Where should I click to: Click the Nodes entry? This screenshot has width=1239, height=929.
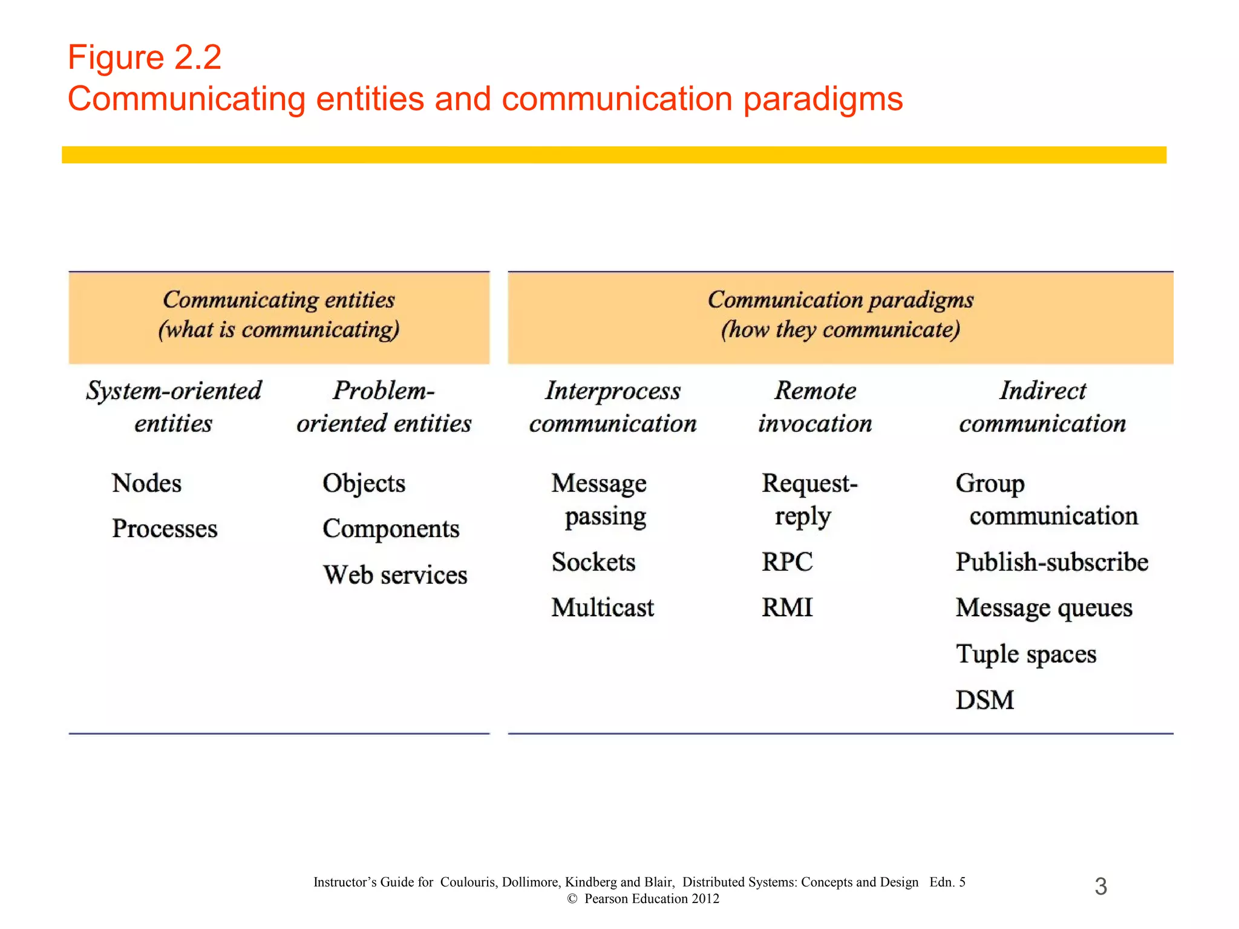pos(146,483)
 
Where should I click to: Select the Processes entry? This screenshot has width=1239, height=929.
pos(165,529)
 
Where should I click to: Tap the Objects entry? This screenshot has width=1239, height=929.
pos(364,483)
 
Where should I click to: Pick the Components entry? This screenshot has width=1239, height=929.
pos(391,529)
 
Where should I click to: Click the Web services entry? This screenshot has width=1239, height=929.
pos(395,575)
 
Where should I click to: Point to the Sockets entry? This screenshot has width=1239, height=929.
pos(593,562)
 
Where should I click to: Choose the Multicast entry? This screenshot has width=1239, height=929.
pos(603,607)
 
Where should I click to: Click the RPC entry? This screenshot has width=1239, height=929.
pos(787,562)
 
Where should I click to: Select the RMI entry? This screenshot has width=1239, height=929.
pos(787,607)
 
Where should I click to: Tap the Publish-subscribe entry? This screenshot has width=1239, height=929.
pos(1052,562)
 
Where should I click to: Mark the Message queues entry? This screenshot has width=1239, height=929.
pos(1044,608)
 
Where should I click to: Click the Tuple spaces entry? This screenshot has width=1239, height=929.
pos(1026,654)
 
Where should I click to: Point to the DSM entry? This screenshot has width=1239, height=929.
pos(985,700)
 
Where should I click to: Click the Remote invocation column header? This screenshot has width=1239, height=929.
pos(816,407)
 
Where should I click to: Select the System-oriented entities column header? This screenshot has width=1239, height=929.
pos(174,407)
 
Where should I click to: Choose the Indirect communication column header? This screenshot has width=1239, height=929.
pos(1042,407)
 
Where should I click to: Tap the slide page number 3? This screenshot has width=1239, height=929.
pos(1101,887)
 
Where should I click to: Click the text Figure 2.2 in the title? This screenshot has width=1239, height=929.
pos(145,57)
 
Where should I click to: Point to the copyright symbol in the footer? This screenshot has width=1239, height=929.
pos(572,899)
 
